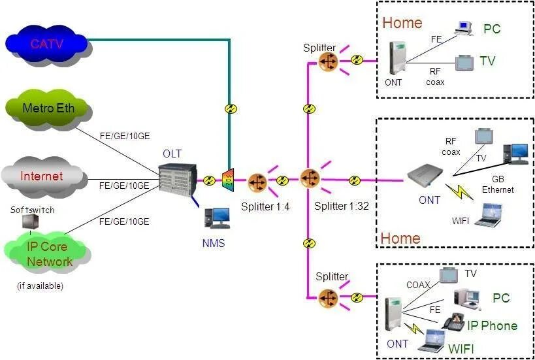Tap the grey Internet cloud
(x=43, y=176)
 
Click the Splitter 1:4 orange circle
(x=257, y=182)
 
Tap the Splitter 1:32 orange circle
(x=309, y=178)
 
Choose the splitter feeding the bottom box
(x=328, y=299)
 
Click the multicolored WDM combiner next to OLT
(x=228, y=180)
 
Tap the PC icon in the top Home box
(x=464, y=27)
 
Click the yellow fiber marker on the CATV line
(x=229, y=108)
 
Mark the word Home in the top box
(x=402, y=23)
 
